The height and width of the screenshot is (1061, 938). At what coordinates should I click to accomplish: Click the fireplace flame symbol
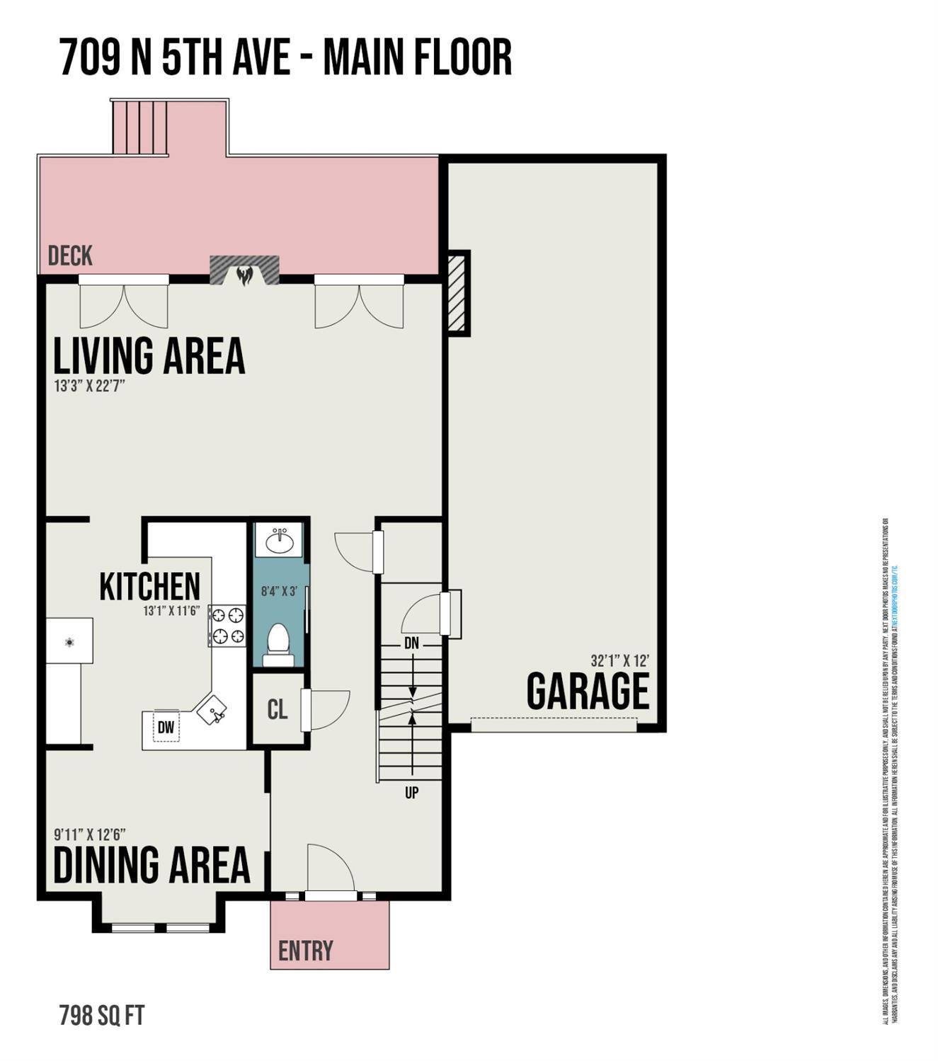(244, 275)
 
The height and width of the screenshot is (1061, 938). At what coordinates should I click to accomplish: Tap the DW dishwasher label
(166, 727)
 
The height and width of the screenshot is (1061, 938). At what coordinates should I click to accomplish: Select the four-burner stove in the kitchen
(227, 626)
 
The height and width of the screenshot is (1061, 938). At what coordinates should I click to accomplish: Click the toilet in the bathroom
(278, 643)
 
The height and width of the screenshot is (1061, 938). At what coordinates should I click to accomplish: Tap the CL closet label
(278, 709)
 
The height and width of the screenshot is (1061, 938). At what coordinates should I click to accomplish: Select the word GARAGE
(588, 692)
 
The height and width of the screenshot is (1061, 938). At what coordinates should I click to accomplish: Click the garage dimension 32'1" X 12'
(619, 660)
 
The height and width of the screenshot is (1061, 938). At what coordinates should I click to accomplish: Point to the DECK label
(70, 256)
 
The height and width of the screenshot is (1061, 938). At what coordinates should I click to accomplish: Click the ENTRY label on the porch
(305, 951)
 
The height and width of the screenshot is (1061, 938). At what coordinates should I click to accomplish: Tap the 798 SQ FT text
(102, 1016)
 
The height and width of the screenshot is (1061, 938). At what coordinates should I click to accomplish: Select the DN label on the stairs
(411, 643)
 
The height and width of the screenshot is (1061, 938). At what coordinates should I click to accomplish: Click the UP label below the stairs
(411, 793)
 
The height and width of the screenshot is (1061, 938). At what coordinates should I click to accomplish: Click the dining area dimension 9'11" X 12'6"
(90, 834)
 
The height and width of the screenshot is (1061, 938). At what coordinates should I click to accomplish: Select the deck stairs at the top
(140, 127)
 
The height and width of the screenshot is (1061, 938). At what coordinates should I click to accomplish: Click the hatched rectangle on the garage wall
(457, 292)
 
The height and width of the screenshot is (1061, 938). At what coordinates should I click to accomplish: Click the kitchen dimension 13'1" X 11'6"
(172, 610)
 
